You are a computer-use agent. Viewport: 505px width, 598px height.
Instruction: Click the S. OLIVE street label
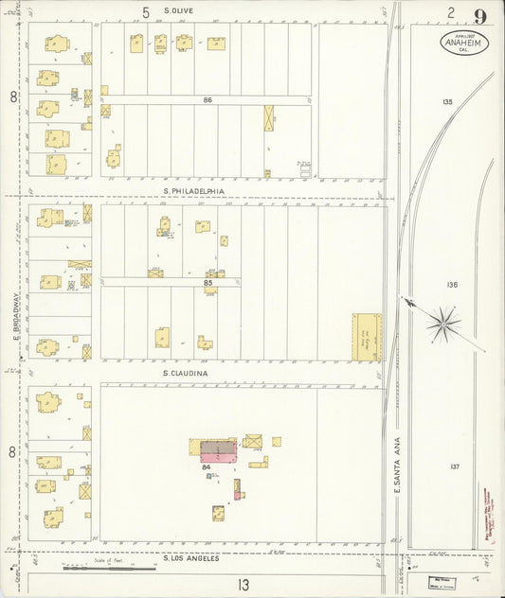(x=180, y=11)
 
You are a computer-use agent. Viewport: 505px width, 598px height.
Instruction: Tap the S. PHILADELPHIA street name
(x=194, y=190)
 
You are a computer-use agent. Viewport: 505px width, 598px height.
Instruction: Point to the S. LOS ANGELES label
(x=191, y=557)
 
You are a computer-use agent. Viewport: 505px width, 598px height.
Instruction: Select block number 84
(x=206, y=466)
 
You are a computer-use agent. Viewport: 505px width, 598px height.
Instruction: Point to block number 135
(x=447, y=101)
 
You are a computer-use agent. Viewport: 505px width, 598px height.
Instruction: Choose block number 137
(x=454, y=466)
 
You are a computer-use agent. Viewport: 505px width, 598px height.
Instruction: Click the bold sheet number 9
(x=481, y=15)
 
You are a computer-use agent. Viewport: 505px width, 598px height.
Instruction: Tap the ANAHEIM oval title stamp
(x=463, y=43)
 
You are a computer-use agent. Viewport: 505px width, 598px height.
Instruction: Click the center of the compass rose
(x=442, y=325)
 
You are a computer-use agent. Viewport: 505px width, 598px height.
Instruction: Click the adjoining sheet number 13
(x=243, y=585)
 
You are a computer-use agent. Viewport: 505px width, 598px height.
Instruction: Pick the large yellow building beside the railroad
(x=366, y=336)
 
